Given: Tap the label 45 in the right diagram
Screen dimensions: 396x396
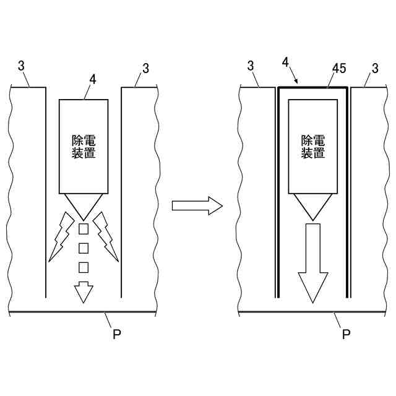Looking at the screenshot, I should pos(339,68).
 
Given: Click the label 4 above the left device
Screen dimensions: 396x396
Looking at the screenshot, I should pos(93,79).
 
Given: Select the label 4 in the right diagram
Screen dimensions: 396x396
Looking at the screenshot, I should pos(285,63).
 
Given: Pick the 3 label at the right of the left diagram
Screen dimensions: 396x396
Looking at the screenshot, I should pos(146,68).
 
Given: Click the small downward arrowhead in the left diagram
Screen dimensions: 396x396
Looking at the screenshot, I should pos(84,291).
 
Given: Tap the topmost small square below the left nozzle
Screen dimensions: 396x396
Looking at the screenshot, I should pos(84,231).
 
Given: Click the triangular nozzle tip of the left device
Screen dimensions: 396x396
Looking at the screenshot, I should pos(84,205).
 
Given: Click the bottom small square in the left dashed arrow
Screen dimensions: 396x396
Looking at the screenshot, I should pos(84,267).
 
